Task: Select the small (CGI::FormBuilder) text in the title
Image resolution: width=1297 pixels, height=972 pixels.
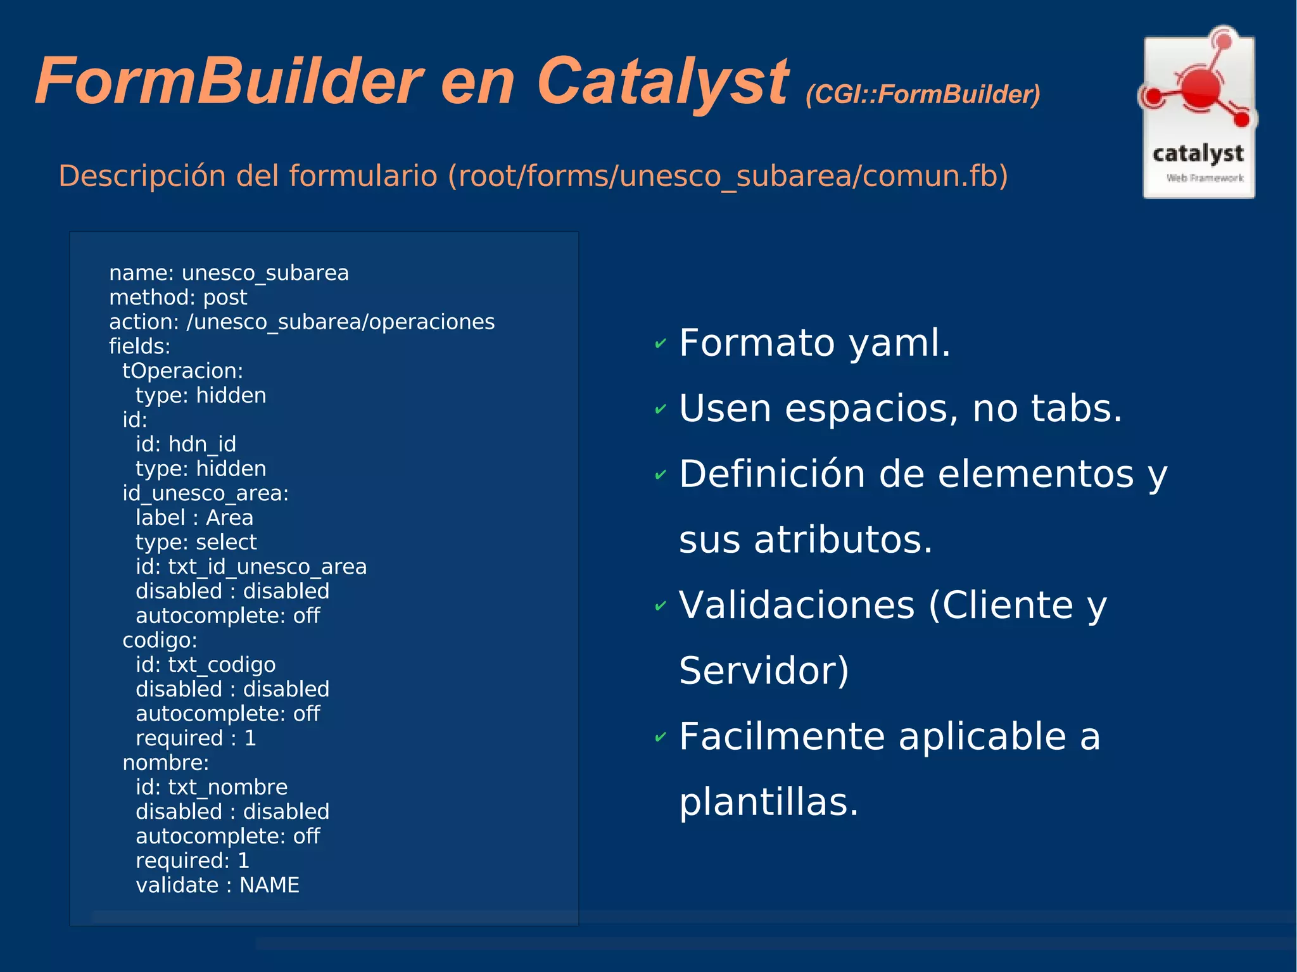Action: pyautogui.click(x=923, y=94)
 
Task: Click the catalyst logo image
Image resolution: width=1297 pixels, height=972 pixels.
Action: pyautogui.click(x=1198, y=114)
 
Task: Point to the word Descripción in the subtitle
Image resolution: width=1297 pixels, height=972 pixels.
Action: pyautogui.click(x=142, y=175)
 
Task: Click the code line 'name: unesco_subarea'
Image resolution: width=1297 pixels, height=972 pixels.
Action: pyautogui.click(x=229, y=273)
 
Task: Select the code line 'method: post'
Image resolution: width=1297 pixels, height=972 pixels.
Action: pyautogui.click(x=178, y=298)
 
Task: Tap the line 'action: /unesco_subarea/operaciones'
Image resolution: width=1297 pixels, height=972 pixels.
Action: pyautogui.click(x=301, y=322)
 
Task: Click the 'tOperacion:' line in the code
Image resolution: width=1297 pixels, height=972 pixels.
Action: pyautogui.click(x=182, y=371)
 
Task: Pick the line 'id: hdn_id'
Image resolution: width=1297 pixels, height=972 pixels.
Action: pyautogui.click(x=186, y=444)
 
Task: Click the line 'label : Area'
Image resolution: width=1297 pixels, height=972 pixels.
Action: pyautogui.click(x=194, y=518)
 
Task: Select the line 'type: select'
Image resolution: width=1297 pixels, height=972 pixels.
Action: pyautogui.click(x=196, y=542)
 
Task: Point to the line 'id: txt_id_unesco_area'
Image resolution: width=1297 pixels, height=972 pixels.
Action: pyautogui.click(x=251, y=567)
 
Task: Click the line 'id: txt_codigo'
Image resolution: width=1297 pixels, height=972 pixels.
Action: pyautogui.click(x=205, y=665)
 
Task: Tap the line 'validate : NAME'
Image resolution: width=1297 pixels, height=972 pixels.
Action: pyautogui.click(x=217, y=885)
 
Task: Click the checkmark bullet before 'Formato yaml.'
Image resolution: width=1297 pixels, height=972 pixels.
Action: pyautogui.click(x=661, y=344)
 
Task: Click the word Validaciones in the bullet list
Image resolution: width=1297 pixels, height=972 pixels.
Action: pyautogui.click(x=796, y=605)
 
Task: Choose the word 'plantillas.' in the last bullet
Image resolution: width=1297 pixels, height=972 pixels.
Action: pyautogui.click(x=768, y=802)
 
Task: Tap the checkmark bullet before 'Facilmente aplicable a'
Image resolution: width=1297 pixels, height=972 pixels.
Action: pyautogui.click(x=661, y=737)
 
